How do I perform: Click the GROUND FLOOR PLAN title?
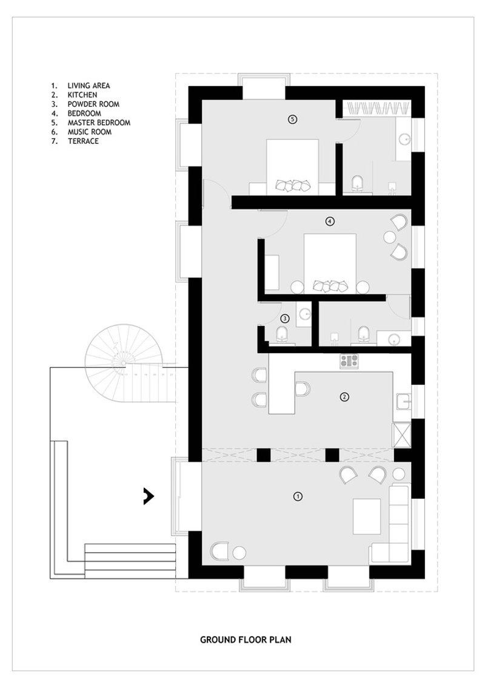coord(246,639)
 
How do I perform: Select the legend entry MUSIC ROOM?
coord(89,132)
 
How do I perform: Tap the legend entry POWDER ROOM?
coord(93,104)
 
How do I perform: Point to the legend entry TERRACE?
coord(83,141)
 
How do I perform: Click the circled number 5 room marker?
coord(293,119)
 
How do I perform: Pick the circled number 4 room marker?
coord(330,222)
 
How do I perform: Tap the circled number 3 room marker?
coord(284,318)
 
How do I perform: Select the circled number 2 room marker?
coord(344,397)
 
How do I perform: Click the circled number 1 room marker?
coord(298,496)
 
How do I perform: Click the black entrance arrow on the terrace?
coord(149,496)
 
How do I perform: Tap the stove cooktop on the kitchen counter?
coord(349,360)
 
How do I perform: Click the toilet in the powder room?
coord(283,334)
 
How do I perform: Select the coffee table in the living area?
coord(367,516)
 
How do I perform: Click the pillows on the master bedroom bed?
coord(293,185)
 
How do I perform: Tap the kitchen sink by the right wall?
coord(403,401)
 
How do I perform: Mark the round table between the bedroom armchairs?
coord(390,237)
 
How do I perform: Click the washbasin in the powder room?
coord(304,314)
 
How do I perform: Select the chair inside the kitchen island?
coord(303,388)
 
